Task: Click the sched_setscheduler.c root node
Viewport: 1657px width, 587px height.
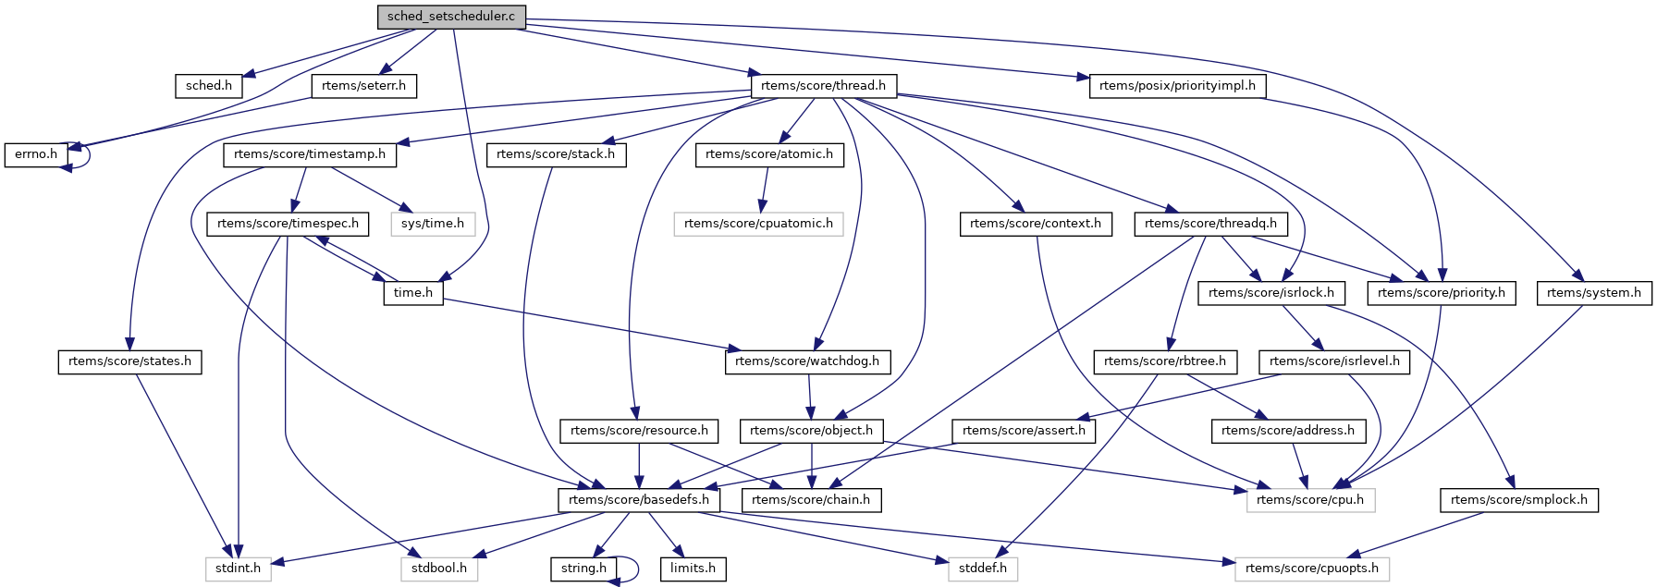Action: [x=451, y=17]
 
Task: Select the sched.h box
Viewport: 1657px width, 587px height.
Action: [x=209, y=86]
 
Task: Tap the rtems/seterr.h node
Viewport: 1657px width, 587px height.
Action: [x=363, y=86]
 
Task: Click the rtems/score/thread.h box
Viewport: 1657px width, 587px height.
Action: [x=823, y=86]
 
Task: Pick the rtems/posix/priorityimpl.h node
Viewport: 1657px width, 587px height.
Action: [x=1177, y=86]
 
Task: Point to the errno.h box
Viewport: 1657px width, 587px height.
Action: [x=36, y=154]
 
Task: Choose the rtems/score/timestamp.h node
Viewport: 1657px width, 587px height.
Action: [x=310, y=154]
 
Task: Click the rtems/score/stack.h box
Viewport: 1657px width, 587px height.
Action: [x=556, y=154]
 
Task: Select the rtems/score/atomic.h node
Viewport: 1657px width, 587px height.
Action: [x=769, y=154]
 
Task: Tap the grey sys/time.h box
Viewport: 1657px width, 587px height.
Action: [x=433, y=224]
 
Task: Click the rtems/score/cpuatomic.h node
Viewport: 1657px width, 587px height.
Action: [x=758, y=224]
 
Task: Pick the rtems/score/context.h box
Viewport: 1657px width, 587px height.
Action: [x=1036, y=224]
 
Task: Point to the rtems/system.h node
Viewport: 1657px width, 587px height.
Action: [x=1594, y=293]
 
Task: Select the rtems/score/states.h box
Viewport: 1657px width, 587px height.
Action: [x=130, y=361]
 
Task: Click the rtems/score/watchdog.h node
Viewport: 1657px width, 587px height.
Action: [x=807, y=361]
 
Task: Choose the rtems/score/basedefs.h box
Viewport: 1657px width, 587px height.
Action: [x=639, y=500]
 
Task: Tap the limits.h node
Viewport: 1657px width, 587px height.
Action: [x=693, y=569]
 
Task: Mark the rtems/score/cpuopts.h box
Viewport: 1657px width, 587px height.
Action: [x=1312, y=569]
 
